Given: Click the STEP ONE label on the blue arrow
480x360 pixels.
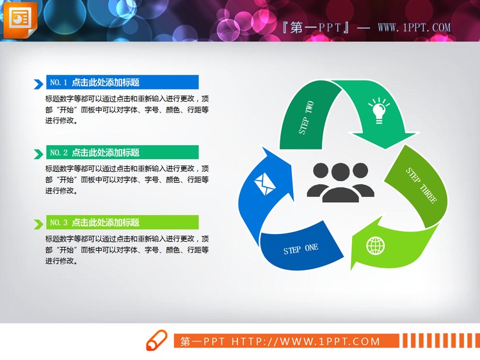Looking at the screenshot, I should coord(301,249).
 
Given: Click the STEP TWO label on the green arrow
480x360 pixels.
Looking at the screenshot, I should coord(307,117).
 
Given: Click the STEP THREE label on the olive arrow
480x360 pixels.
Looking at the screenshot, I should coord(421,185).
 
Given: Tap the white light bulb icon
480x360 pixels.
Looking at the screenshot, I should coord(379,110).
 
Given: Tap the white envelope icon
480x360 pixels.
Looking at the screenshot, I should coord(264,185).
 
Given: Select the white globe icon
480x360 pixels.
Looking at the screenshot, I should coord(376,246).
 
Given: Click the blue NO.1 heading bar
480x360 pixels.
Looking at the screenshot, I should coord(122,82).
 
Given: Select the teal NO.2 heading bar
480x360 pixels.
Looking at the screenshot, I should coord(122,152).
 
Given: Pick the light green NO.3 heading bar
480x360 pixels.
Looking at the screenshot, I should coord(122,223).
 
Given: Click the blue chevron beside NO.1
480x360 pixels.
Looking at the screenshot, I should coord(37,83).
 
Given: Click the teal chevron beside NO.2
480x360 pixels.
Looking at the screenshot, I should coord(37,153).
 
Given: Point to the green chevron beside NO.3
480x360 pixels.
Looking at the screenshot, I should coord(37,224).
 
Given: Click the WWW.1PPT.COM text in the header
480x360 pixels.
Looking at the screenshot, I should coord(414,28).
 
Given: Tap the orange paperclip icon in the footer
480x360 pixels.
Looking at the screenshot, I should coord(157,340).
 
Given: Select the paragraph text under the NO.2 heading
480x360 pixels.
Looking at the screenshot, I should coord(127,180).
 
